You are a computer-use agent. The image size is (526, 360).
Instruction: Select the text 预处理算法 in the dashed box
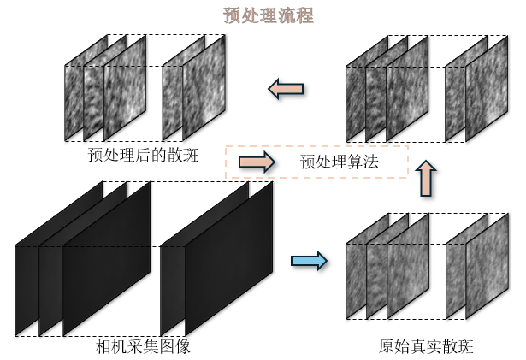340,161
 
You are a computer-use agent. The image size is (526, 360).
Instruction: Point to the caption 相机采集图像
143,347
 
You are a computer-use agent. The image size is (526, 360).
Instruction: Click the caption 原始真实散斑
426,347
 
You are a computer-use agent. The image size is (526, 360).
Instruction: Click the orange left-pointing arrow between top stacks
286,86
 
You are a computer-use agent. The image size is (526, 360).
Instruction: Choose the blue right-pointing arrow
309,261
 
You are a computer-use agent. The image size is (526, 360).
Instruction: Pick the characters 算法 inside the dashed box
362,161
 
